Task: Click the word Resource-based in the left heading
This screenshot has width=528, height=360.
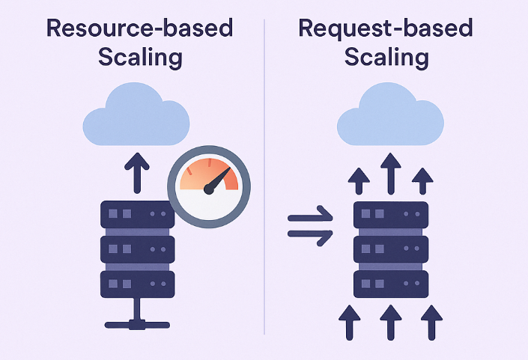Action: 139,29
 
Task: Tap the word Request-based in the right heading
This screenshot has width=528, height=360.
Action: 385,29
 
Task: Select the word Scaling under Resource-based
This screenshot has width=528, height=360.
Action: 139,58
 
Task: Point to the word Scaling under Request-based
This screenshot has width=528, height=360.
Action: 385,58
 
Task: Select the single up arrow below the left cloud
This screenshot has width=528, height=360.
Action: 136,171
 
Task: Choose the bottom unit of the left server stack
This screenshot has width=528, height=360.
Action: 137,284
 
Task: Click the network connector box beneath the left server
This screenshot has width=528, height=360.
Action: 137,324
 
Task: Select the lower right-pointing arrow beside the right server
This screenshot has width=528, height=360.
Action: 310,237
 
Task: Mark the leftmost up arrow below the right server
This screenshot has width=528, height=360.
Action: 348,322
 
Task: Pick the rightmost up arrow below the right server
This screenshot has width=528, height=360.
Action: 431,322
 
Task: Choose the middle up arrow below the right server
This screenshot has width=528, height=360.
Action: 389,322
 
